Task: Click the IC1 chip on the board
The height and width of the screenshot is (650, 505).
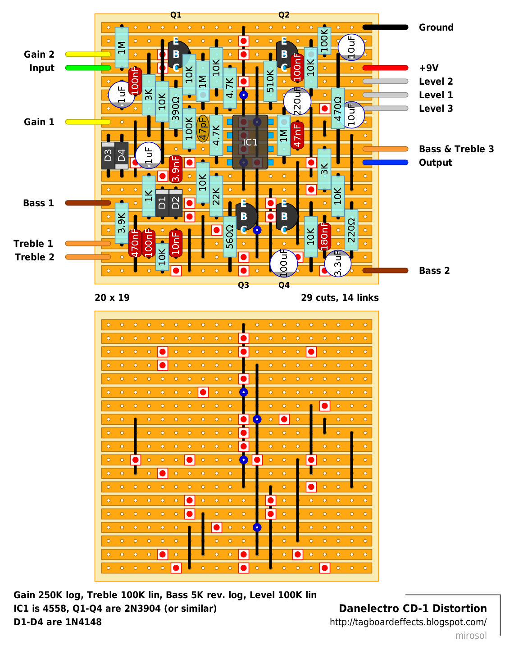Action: click(250, 142)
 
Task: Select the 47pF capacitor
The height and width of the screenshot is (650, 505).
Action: click(203, 129)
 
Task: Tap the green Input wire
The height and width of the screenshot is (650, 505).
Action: click(88, 68)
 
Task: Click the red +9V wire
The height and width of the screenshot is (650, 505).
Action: click(385, 68)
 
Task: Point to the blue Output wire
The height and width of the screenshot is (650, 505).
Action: click(385, 163)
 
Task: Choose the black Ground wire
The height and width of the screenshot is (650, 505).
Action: click(385, 27)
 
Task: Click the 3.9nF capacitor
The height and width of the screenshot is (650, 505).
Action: click(176, 169)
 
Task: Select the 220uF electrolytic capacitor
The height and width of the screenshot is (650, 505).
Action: click(297, 101)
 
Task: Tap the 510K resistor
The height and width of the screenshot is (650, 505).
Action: click(270, 82)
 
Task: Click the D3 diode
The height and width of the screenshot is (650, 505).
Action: click(108, 155)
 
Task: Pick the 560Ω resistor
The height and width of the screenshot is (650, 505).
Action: click(230, 236)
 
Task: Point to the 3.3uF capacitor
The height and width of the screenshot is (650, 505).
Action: click(338, 264)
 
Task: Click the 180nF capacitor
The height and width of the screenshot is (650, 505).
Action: click(324, 236)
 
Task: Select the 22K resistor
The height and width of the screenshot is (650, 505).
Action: click(216, 196)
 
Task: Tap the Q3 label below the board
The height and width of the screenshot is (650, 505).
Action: click(243, 285)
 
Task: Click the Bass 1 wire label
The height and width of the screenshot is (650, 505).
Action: click(38, 203)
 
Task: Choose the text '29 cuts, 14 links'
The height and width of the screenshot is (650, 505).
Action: click(340, 298)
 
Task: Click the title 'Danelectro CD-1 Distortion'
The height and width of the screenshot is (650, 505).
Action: click(413, 608)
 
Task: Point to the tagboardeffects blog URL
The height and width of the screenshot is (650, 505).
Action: click(408, 622)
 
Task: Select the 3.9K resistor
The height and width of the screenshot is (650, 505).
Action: click(122, 223)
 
